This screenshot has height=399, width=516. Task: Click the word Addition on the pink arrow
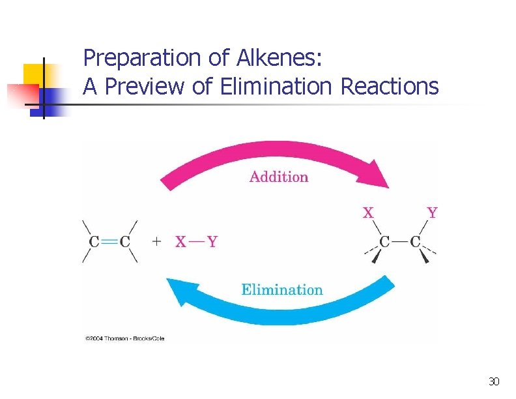coord(278,177)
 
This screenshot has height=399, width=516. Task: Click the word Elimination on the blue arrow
coord(281,289)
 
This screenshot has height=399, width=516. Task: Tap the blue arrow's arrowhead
coord(177,291)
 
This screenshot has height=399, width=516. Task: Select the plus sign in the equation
coord(156,242)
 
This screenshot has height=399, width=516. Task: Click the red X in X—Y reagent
coord(180,242)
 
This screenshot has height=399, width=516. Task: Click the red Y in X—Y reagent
coord(212,242)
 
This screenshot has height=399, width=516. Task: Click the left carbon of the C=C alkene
coord(94,242)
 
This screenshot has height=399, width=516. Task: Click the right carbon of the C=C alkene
coord(125,242)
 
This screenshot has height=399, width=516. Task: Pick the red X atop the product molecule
coord(368,213)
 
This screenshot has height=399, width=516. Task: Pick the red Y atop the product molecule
coord(432,213)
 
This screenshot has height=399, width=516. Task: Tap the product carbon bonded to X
coord(384,243)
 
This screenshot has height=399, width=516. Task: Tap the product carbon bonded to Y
coord(415,243)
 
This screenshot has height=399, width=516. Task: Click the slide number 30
coord(494,381)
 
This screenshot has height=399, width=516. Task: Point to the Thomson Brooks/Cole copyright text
coord(124,338)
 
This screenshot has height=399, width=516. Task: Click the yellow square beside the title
coord(35,75)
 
